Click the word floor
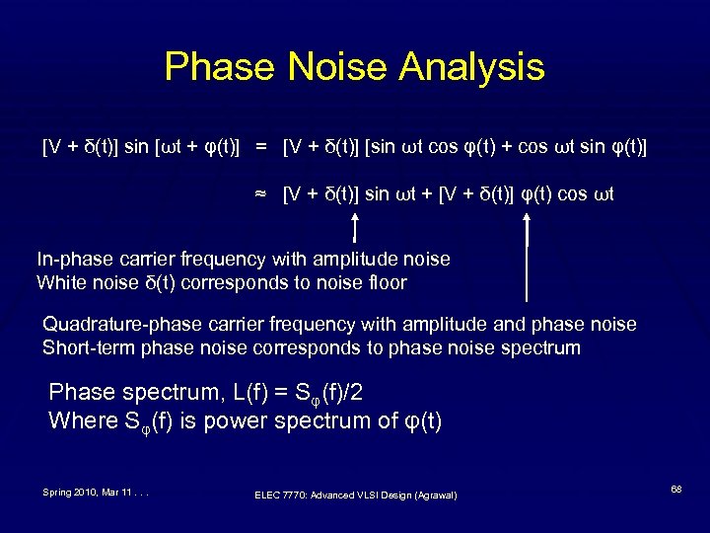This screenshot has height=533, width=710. click(384, 283)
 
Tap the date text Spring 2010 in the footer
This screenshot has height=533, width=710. click(70, 492)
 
